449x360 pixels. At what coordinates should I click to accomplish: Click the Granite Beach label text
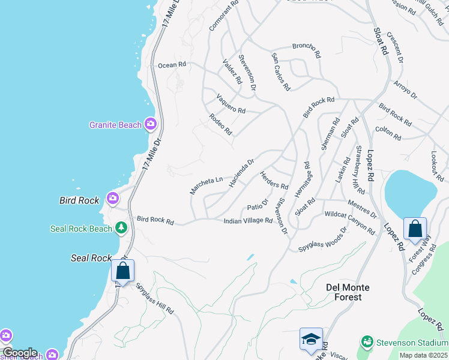[115, 125]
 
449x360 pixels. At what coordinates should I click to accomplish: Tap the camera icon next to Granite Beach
[150, 124]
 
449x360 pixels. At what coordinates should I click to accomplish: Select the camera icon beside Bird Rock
[112, 197]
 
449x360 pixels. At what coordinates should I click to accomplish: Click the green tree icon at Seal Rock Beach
[121, 227]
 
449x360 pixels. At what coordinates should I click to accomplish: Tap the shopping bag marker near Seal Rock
[122, 271]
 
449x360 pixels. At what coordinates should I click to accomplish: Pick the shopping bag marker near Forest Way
[415, 229]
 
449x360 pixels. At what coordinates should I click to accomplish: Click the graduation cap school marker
[311, 340]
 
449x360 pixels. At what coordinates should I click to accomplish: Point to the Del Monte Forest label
[352, 292]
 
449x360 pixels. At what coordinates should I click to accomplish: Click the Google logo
[19, 353]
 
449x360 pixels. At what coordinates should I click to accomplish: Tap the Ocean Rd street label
[172, 65]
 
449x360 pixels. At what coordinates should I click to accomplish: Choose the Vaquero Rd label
[231, 106]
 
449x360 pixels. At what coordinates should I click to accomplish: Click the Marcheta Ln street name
[206, 184]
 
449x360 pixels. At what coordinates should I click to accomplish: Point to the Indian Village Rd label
[248, 221]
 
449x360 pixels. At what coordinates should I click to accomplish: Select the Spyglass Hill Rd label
[154, 298]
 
